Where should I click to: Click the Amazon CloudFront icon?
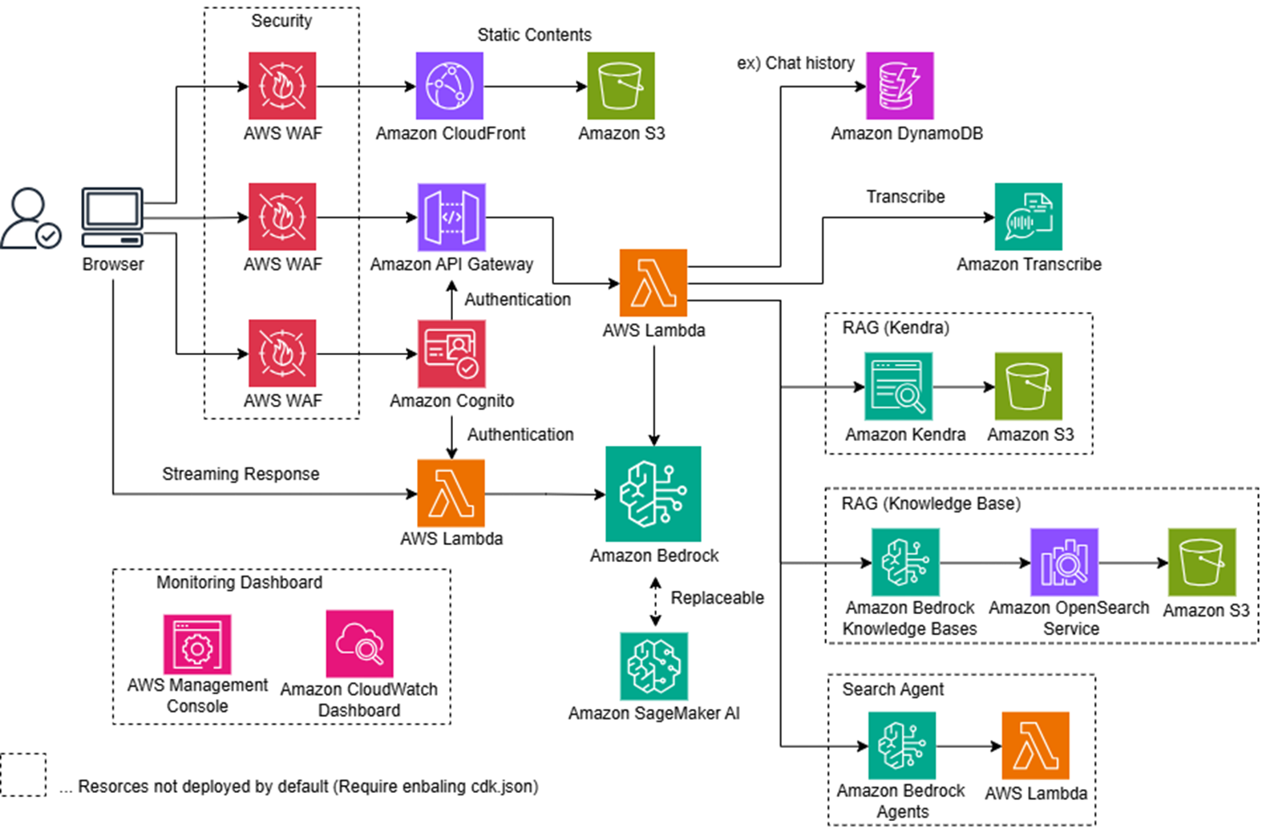click(x=449, y=86)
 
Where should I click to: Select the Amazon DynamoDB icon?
click(x=900, y=86)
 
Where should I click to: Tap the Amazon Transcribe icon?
click(x=1028, y=216)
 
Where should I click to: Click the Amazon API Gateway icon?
click(x=451, y=216)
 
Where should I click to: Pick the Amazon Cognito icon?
click(x=451, y=354)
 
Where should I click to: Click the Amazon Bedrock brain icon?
click(x=653, y=494)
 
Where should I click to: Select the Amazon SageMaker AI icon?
click(x=653, y=666)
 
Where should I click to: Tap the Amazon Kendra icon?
click(x=898, y=386)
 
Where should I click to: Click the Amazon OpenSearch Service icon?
click(x=1064, y=562)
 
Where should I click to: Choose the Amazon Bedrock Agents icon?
click(x=901, y=746)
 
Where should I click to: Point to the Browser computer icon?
click(x=112, y=217)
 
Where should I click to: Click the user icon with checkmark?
click(x=30, y=218)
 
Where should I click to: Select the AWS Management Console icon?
click(x=197, y=645)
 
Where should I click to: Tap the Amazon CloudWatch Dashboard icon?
click(x=359, y=644)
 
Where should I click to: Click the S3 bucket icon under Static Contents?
click(x=621, y=86)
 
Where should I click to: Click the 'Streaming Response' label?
click(x=241, y=474)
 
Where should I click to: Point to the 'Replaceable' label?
click(x=717, y=597)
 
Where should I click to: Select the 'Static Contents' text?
click(x=534, y=34)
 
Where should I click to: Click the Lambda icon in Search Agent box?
click(x=1035, y=746)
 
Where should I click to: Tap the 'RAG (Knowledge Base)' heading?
click(x=931, y=503)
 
